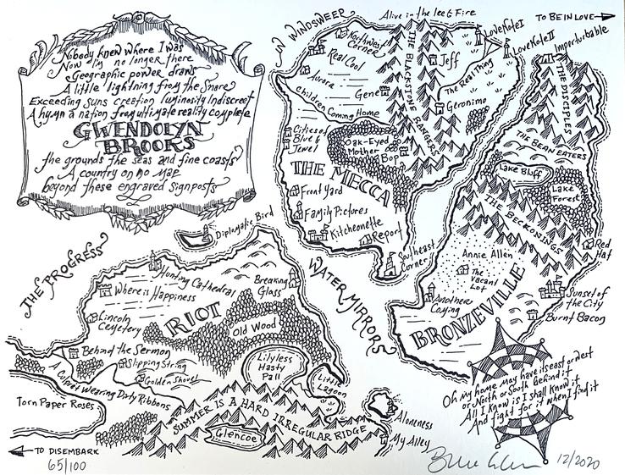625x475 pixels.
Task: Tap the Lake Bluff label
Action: [518, 169]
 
